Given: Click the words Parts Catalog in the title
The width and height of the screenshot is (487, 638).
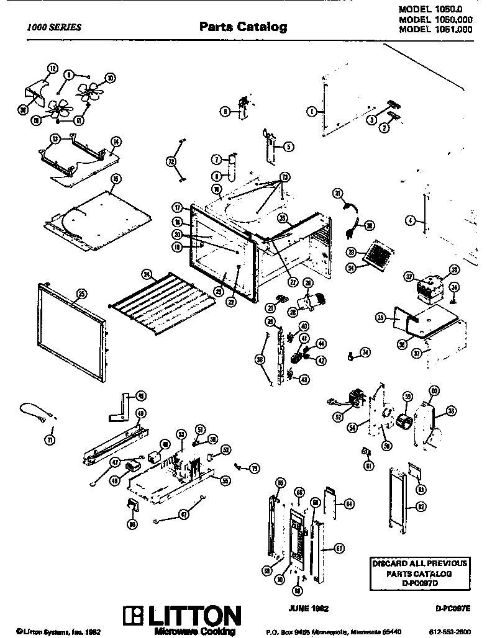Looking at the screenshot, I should tap(243, 27).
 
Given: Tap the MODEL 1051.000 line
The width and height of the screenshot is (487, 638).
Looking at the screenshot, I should tap(435, 29).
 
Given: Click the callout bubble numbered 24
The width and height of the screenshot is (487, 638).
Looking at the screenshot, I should tap(147, 274).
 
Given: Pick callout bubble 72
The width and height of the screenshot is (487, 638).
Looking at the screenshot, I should tap(170, 161).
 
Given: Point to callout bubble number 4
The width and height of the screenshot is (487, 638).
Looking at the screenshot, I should tap(410, 220).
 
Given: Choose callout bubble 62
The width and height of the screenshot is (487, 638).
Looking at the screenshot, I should tap(404, 506).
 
